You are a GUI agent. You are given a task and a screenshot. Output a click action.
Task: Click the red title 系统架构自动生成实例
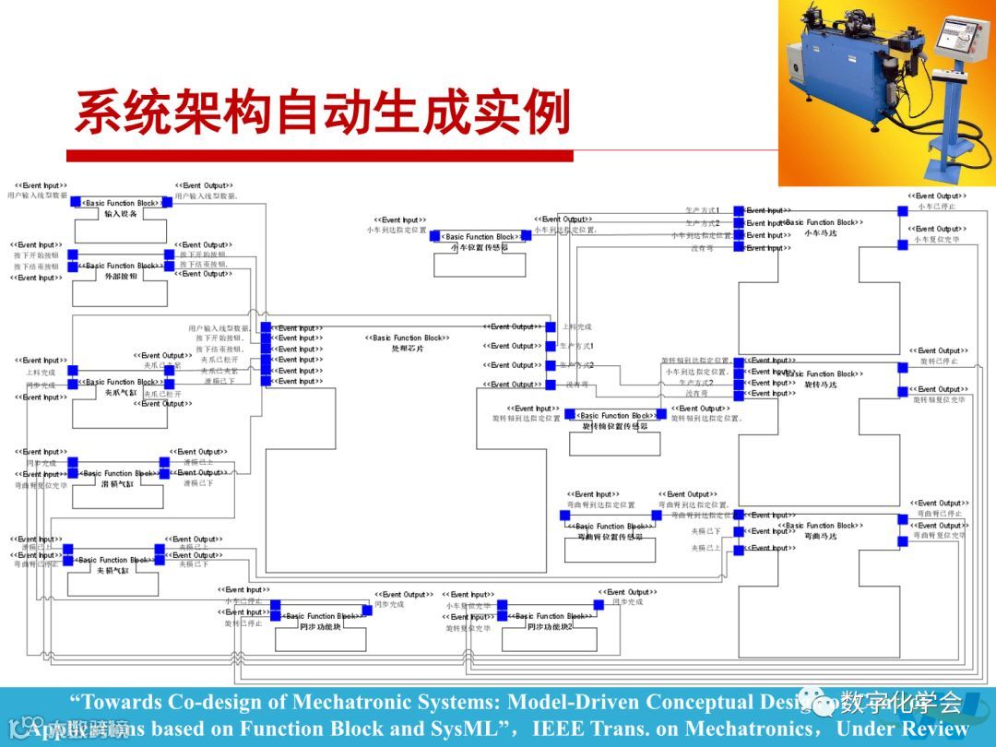tap(322, 113)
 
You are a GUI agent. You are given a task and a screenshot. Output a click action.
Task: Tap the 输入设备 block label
tap(121, 214)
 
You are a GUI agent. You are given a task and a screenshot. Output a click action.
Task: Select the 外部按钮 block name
tap(121, 276)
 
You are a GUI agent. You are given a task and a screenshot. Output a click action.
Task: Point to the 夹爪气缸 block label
tap(120, 393)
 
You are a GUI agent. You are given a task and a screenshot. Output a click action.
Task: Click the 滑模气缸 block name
tap(117, 483)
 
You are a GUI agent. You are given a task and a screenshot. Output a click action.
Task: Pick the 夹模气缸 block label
tap(113, 570)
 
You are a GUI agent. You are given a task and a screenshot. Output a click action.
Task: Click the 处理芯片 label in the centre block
tap(408, 349)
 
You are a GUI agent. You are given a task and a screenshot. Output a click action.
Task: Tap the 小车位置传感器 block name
tap(479, 247)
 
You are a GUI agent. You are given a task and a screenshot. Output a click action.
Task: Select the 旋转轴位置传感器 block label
tap(614, 427)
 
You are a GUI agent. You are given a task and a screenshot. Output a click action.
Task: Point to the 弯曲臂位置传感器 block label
tap(610, 537)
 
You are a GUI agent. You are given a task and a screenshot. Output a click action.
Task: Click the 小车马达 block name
tap(821, 232)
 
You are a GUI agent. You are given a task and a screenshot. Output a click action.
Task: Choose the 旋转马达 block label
tap(821, 385)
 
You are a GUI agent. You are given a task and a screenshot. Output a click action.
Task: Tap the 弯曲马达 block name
tap(821, 536)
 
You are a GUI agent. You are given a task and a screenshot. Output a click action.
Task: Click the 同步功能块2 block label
tap(551, 626)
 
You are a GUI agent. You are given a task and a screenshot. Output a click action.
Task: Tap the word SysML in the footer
tap(468, 729)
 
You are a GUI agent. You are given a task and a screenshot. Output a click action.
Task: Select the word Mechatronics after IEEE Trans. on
tap(748, 729)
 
